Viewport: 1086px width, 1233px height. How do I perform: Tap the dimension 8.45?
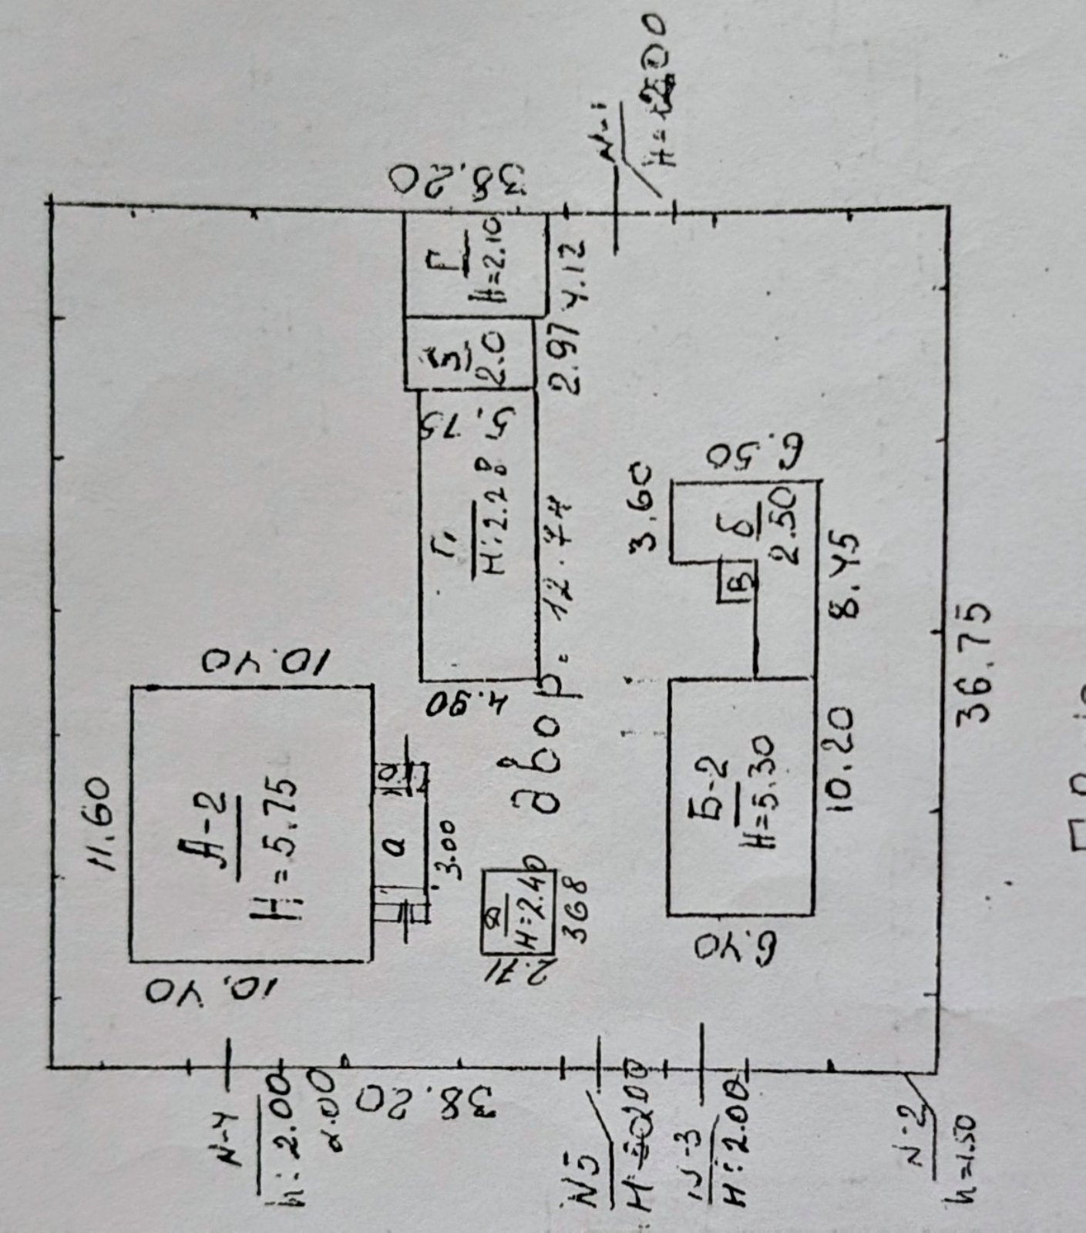(843, 573)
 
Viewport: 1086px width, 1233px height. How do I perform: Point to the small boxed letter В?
(735, 582)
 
